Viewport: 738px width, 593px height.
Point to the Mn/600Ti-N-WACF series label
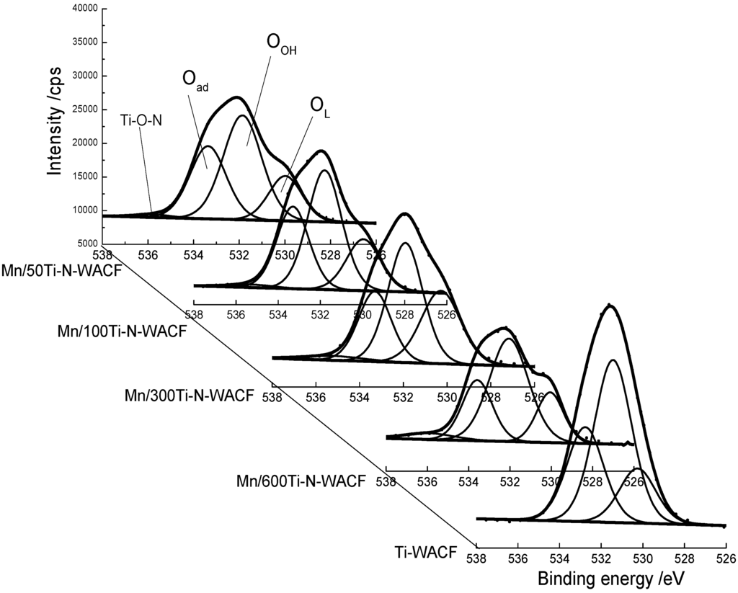(301, 481)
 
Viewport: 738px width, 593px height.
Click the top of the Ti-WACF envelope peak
(611, 306)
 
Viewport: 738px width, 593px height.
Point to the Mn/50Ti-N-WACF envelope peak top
(236, 97)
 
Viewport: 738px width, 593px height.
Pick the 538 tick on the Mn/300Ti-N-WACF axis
(272, 396)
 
